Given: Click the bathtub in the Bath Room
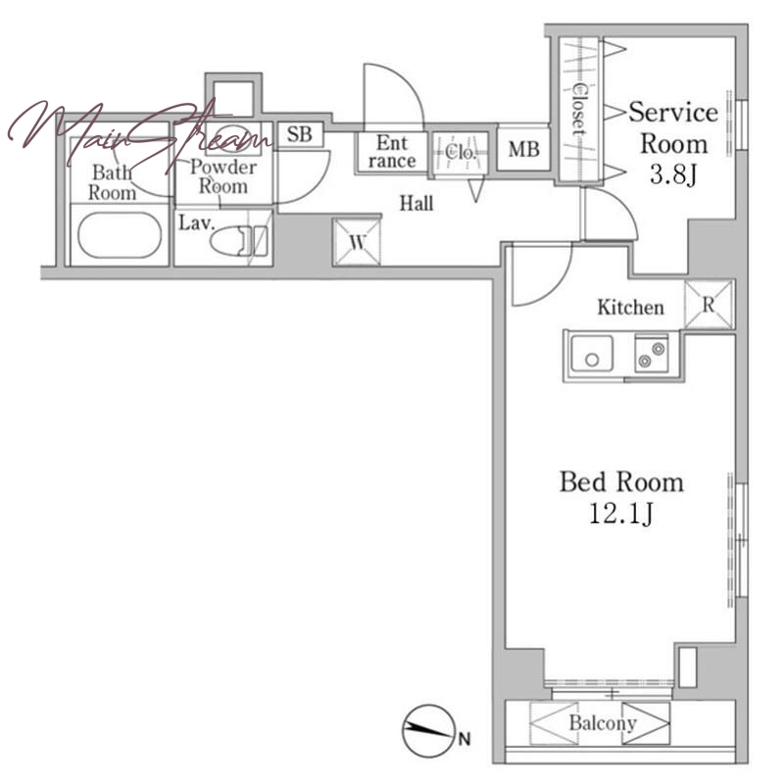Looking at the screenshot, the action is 120,235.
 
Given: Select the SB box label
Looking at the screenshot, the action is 300,134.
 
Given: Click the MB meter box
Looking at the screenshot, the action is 523,149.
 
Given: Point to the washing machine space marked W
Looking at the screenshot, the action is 357,242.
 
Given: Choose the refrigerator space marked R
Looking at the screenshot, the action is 709,305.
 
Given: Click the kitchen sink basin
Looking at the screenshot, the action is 592,354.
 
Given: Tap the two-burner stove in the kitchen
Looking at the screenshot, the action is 652,354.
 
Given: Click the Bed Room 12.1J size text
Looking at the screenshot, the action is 621,514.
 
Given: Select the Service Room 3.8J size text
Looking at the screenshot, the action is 673,174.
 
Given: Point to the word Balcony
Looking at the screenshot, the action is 603,723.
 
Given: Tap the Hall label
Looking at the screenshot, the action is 416,203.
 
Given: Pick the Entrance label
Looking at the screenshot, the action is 392,152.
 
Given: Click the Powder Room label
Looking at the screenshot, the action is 223,176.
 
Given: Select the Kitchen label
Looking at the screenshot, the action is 631,307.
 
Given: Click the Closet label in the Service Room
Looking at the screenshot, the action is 579,109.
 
